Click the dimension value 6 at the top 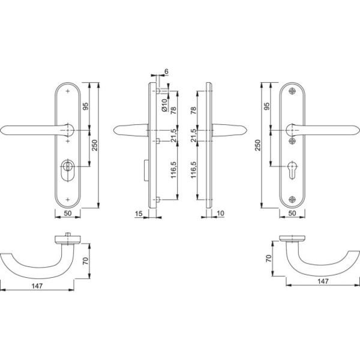pyautogui.click(x=166, y=71)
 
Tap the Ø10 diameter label pyautogui.click(x=164, y=105)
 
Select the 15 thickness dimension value pyautogui.click(x=139, y=214)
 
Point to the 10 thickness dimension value pyautogui.click(x=220, y=213)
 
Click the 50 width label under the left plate pyautogui.click(x=67, y=213)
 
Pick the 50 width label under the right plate pyautogui.click(x=292, y=213)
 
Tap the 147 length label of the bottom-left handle pyautogui.click(x=37, y=286)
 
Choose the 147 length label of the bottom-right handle pyautogui.click(x=323, y=281)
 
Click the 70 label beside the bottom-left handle pyautogui.click(x=85, y=261)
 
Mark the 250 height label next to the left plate pyautogui.click(x=94, y=145)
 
